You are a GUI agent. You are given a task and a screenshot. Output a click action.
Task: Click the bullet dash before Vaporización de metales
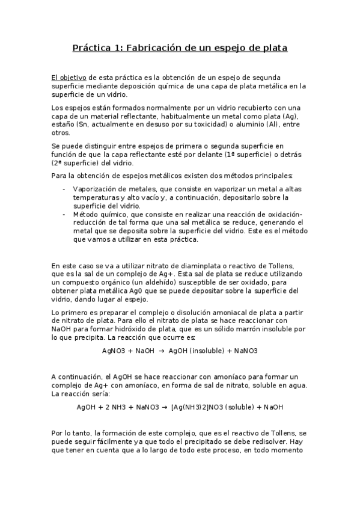[64, 189]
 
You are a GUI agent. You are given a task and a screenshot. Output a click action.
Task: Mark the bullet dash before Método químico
[64, 214]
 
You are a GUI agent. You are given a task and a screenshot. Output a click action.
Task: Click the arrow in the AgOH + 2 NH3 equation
[165, 407]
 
